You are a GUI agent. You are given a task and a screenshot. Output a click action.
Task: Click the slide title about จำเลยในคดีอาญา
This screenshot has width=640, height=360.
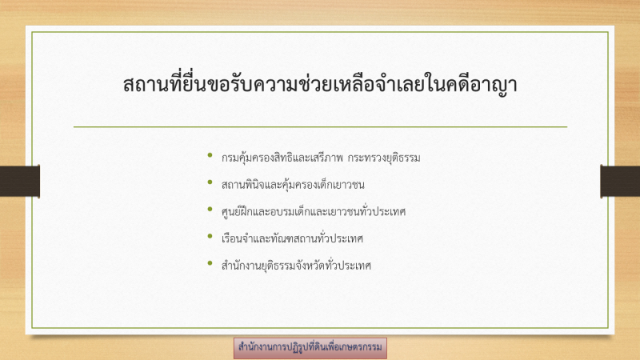pyautogui.click(x=320, y=84)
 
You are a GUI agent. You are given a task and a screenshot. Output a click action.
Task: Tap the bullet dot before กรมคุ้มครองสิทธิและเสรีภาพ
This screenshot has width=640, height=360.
pyautogui.click(x=210, y=155)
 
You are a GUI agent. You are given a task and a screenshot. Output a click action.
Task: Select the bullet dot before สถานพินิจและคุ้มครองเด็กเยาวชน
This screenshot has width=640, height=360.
pyautogui.click(x=210, y=182)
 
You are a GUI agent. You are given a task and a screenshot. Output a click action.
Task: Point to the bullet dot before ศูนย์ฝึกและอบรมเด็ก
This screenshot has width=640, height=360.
pyautogui.click(x=210, y=209)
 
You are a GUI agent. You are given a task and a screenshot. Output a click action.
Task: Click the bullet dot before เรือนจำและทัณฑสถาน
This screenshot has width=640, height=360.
pyautogui.click(x=210, y=236)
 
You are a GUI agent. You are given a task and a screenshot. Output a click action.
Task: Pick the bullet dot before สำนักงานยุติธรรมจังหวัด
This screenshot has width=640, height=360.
pyautogui.click(x=210, y=263)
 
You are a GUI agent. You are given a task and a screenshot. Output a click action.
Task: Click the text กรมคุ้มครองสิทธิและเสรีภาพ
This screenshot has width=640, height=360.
pyautogui.click(x=282, y=158)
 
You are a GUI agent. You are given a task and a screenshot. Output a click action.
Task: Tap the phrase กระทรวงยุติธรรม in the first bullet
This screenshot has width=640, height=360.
pyautogui.click(x=384, y=158)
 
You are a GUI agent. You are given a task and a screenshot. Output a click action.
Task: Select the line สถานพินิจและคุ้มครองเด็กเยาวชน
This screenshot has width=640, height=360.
pyautogui.click(x=293, y=185)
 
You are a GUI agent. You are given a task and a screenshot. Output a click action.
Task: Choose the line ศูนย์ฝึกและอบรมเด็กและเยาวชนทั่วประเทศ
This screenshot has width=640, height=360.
pyautogui.click(x=314, y=211)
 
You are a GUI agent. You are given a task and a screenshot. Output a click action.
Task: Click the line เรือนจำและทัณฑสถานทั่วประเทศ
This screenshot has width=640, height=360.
pyautogui.click(x=292, y=238)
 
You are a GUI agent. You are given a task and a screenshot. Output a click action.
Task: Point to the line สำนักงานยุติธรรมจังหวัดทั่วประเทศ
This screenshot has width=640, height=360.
pyautogui.click(x=296, y=266)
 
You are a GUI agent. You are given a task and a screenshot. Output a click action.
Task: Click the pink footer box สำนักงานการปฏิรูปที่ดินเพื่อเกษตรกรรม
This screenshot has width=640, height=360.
pyautogui.click(x=310, y=348)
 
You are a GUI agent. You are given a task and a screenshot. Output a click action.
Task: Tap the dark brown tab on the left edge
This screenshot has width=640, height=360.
pyautogui.click(x=19, y=182)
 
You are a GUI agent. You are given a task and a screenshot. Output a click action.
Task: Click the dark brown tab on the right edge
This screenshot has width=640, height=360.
pyautogui.click(x=620, y=182)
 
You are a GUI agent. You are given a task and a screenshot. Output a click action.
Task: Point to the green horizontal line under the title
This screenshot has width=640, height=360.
pyautogui.click(x=321, y=127)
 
